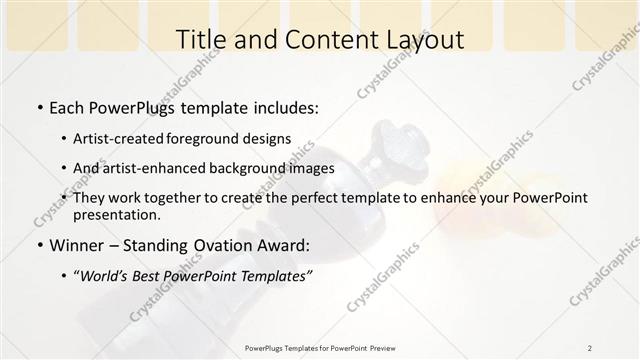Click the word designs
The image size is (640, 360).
point(270,139)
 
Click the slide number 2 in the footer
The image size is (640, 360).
point(589,348)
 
